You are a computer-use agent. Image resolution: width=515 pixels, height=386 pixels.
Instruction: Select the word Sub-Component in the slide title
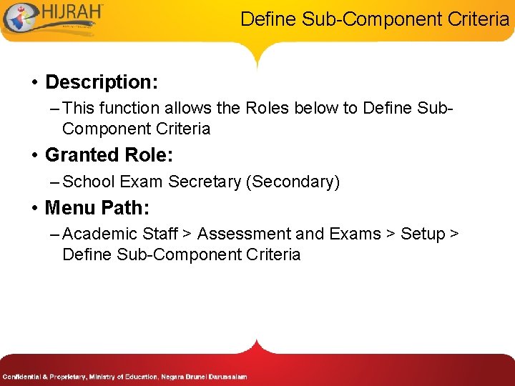(x=363, y=19)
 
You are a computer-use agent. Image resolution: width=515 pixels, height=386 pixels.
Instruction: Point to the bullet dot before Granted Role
(x=34, y=155)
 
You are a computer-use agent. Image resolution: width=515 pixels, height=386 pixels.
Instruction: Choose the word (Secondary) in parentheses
(x=292, y=182)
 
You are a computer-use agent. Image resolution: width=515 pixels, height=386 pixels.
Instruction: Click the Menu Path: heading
(x=97, y=208)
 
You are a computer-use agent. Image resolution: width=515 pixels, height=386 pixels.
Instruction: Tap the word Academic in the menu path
(x=100, y=234)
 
